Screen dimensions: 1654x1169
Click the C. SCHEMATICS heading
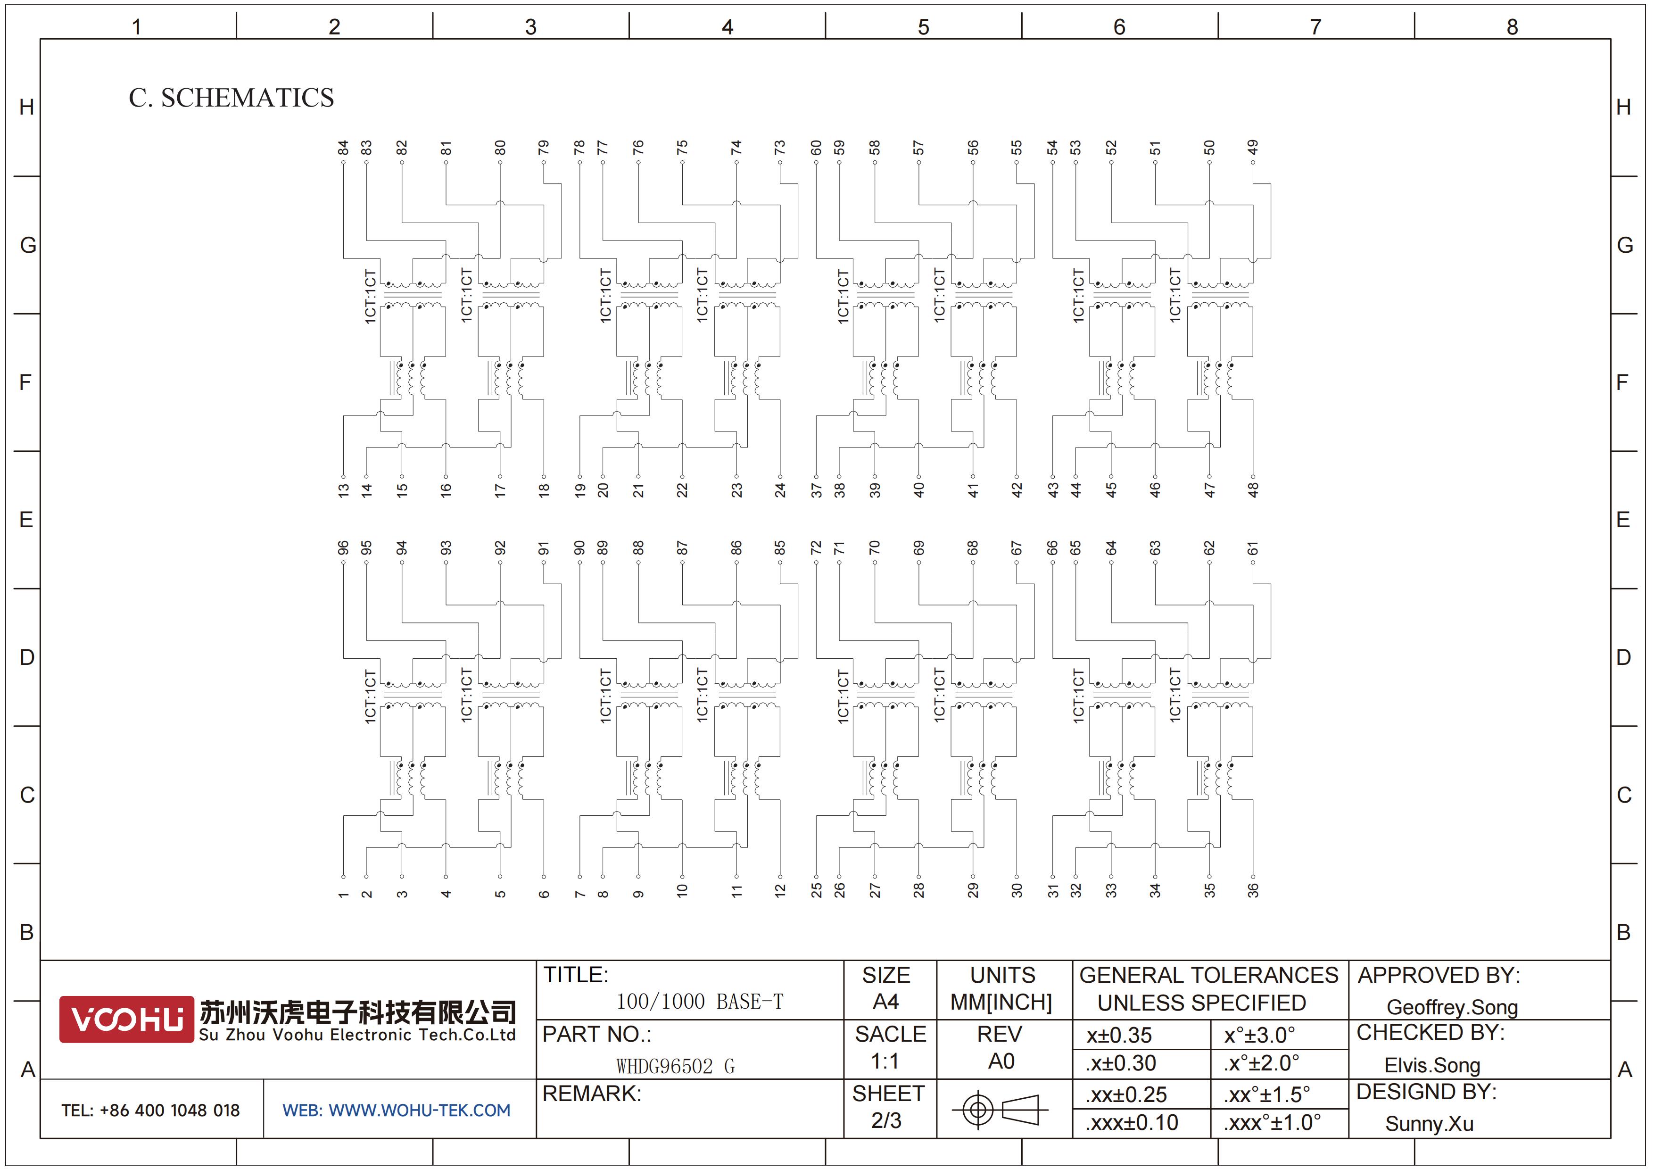(231, 98)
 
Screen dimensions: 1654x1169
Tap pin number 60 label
(816, 148)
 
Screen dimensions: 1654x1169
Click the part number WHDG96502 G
(675, 1066)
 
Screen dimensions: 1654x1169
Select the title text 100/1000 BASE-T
(700, 1001)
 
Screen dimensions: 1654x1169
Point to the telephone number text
(150, 1111)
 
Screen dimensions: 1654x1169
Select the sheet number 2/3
(886, 1121)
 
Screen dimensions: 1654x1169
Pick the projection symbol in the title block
(1000, 1109)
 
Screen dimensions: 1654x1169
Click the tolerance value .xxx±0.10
(1132, 1123)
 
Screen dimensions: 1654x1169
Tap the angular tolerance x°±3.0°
(1259, 1035)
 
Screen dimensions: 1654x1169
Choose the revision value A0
(1001, 1061)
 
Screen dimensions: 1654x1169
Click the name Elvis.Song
(1432, 1065)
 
